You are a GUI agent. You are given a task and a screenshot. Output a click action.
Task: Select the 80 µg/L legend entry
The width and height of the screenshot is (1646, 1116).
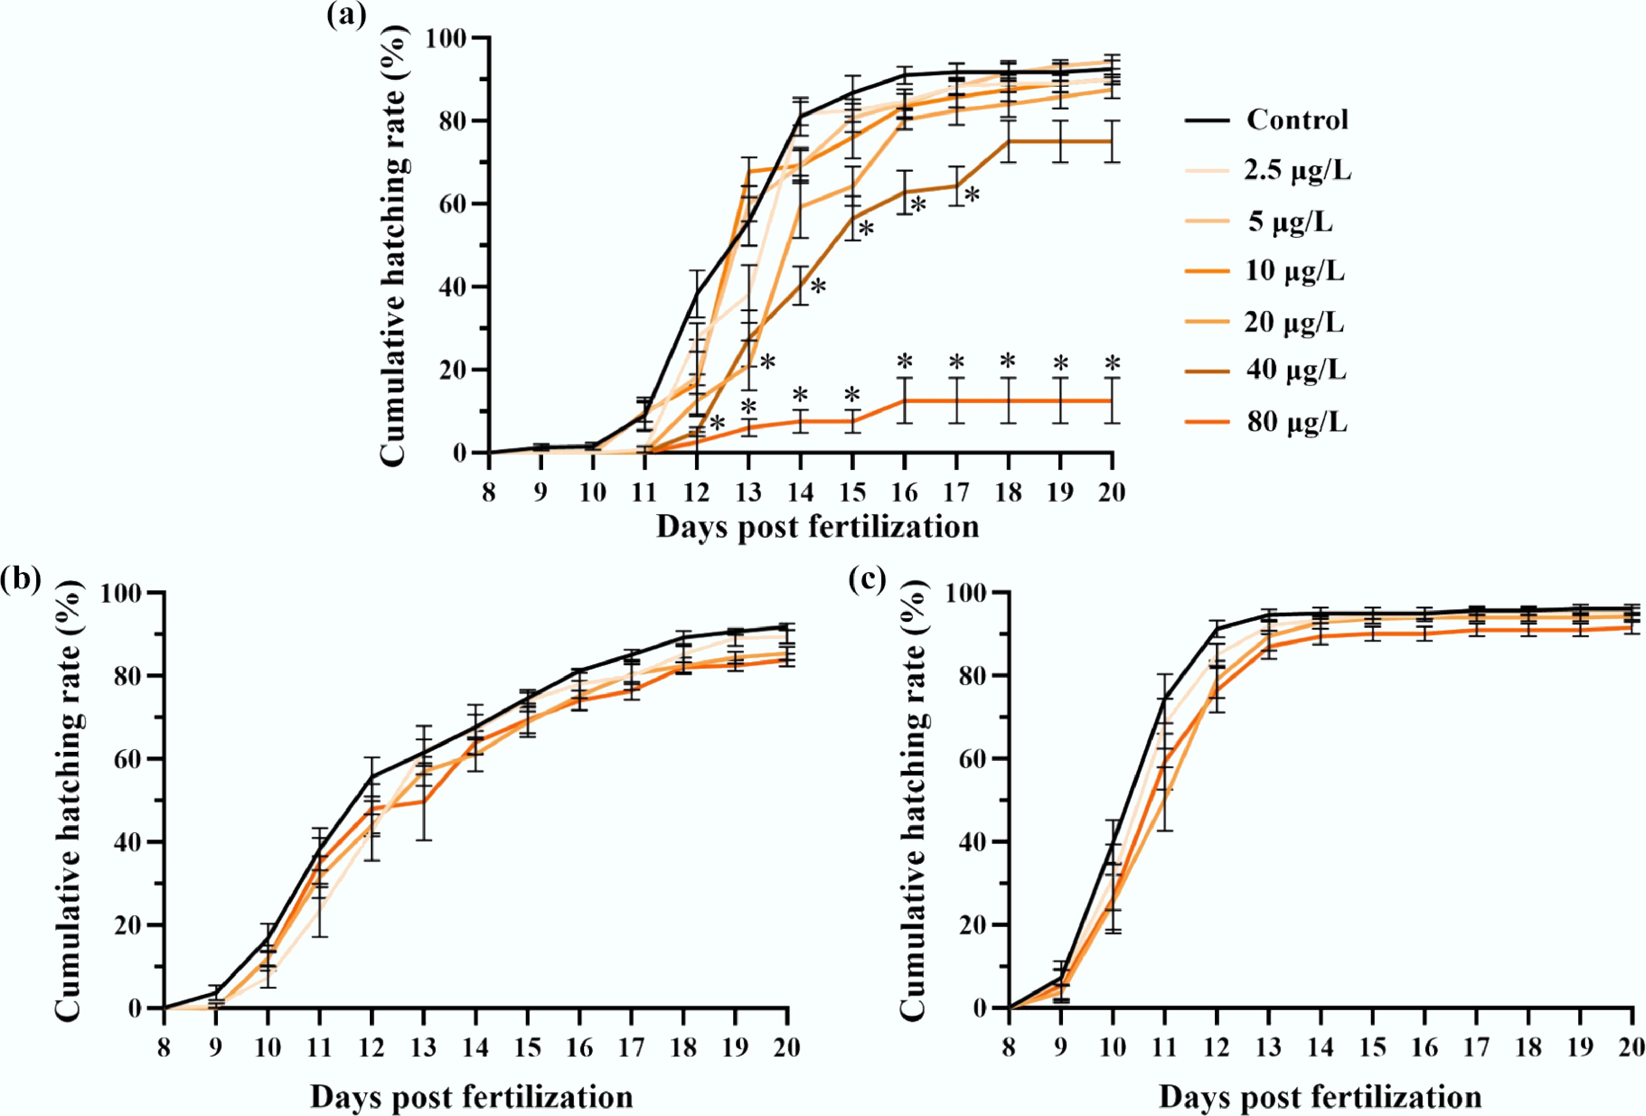click(x=1297, y=422)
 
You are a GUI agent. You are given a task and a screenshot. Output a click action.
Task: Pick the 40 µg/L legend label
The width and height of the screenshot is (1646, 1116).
click(x=1297, y=370)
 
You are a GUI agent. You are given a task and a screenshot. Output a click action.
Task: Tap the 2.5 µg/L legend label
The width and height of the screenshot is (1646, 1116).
click(x=1298, y=170)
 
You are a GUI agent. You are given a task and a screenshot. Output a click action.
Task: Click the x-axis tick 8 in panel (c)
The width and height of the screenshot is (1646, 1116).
click(x=1009, y=1047)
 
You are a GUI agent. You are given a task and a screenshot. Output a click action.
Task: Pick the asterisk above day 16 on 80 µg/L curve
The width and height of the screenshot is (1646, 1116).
click(x=905, y=361)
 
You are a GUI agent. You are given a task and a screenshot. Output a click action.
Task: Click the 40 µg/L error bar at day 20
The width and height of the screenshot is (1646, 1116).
click(x=1112, y=141)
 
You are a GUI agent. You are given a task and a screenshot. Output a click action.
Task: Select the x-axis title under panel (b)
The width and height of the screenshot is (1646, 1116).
click(x=472, y=1097)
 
